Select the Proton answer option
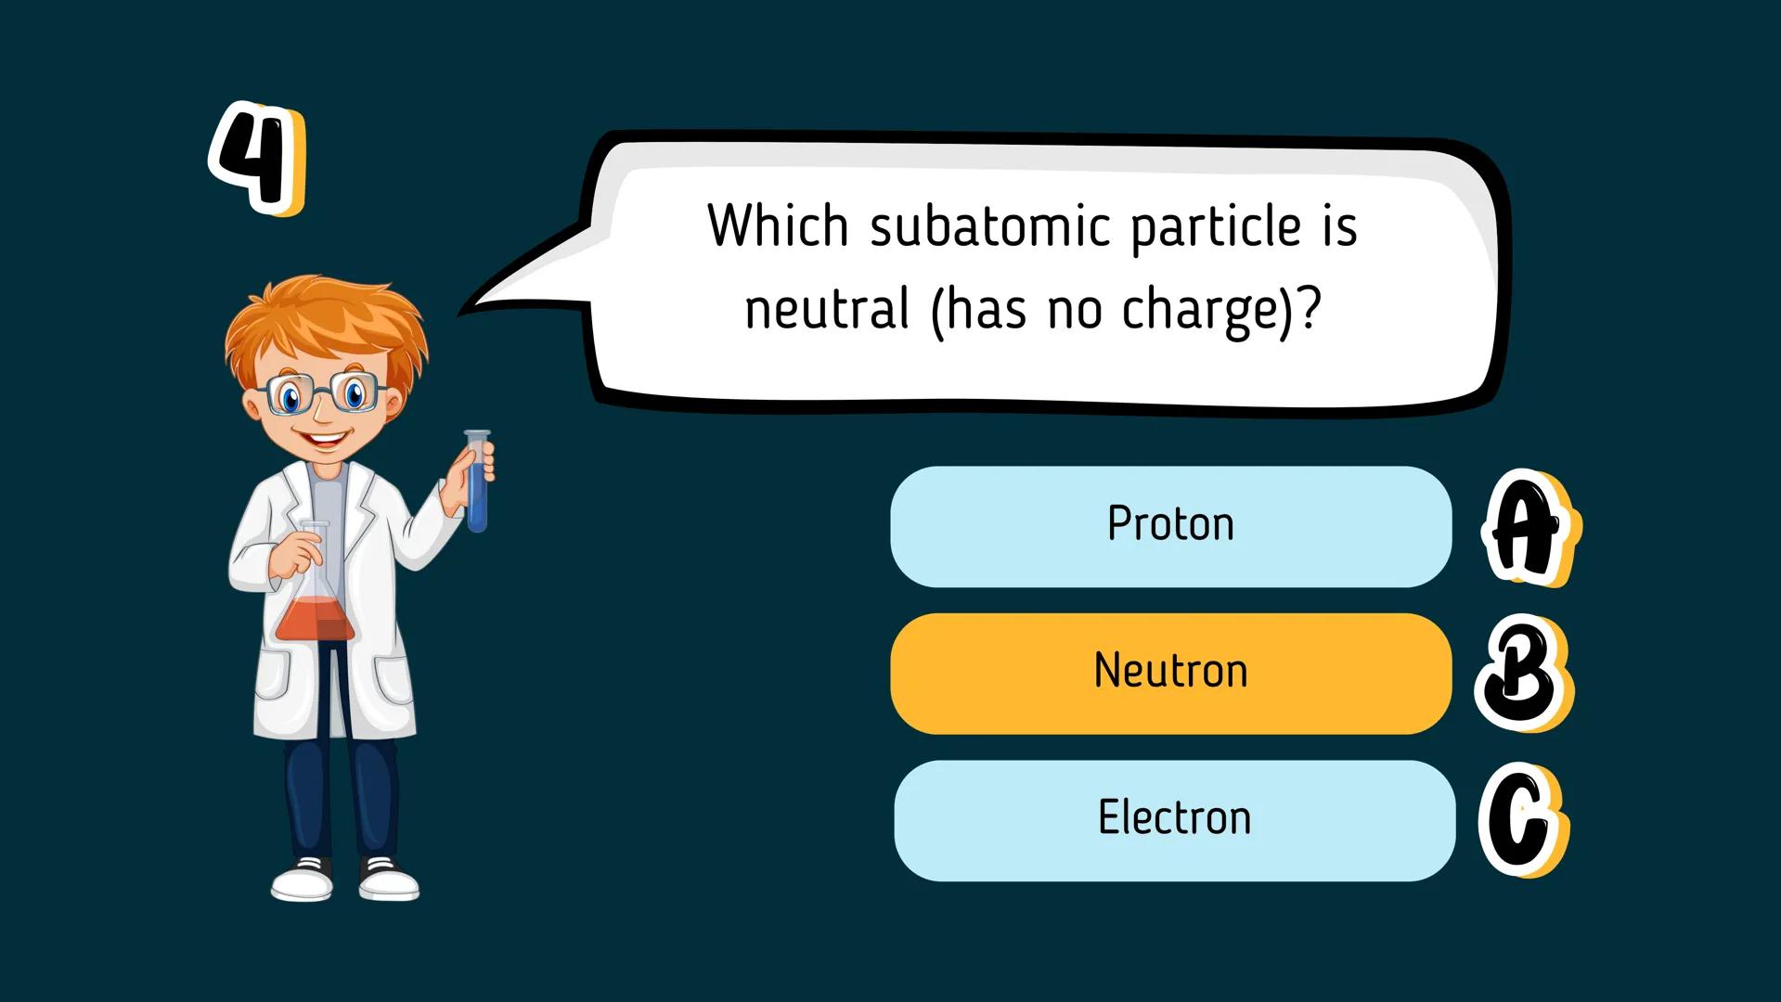click(x=1170, y=526)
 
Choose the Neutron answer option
click(x=1170, y=673)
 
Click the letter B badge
click(x=1521, y=674)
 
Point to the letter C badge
click(x=1521, y=822)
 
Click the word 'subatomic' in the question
click(x=989, y=226)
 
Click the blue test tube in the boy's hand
click(x=477, y=482)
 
